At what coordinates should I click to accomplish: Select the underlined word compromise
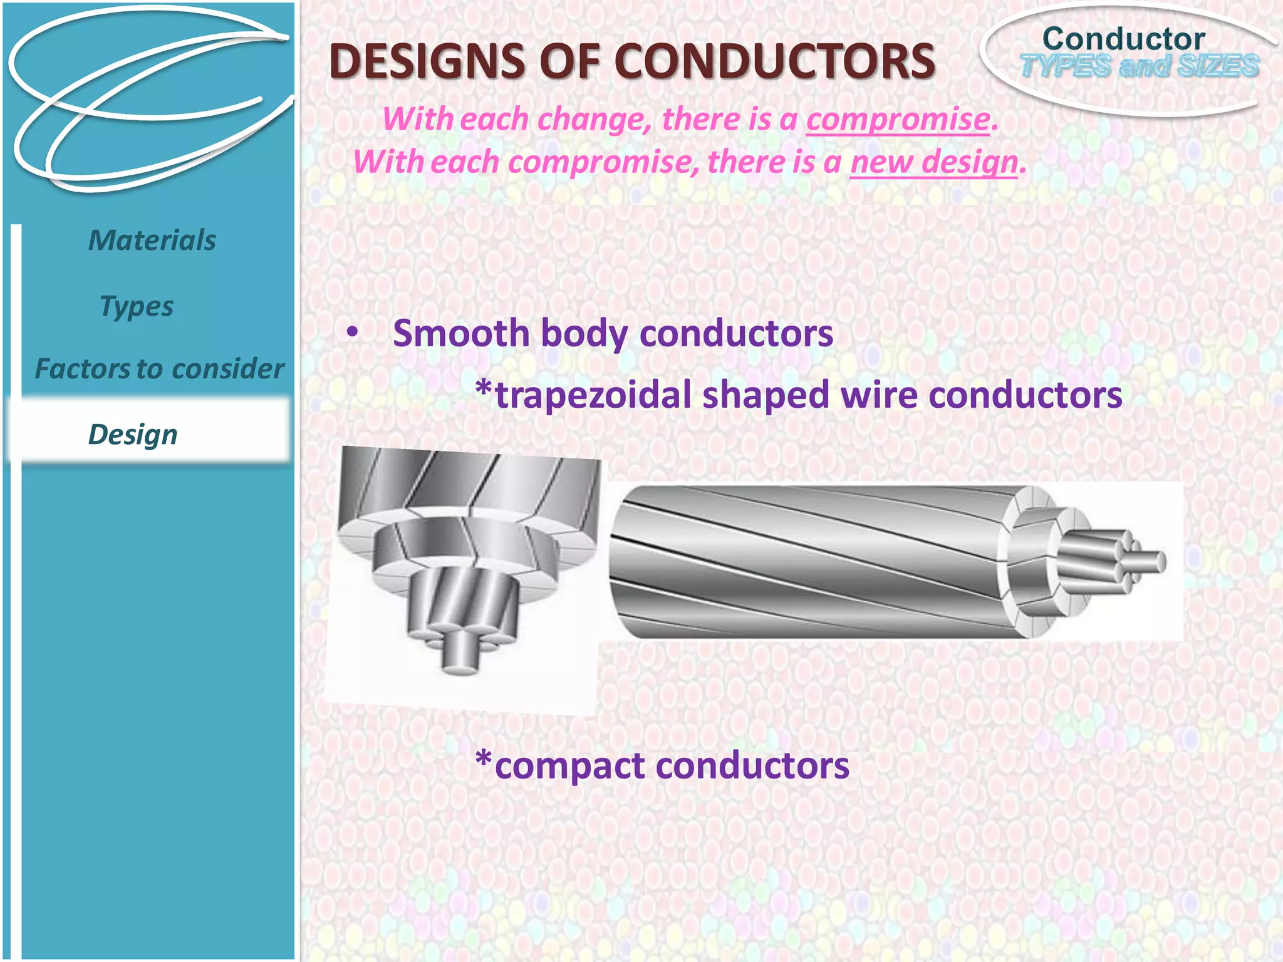click(898, 119)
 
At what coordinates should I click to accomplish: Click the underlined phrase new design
click(933, 162)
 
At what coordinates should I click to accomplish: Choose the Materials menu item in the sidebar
click(152, 240)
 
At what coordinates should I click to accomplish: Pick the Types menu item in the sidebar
click(137, 307)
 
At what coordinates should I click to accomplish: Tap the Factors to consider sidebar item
click(159, 369)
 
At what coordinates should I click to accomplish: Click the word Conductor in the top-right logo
click(1123, 39)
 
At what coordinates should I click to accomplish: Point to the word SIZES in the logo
click(1218, 66)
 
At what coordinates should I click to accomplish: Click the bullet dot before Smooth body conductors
click(353, 332)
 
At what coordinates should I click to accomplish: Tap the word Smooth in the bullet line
click(461, 333)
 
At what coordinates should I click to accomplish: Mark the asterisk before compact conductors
click(484, 760)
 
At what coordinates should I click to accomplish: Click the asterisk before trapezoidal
click(484, 389)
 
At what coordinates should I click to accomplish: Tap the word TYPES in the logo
click(1065, 66)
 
